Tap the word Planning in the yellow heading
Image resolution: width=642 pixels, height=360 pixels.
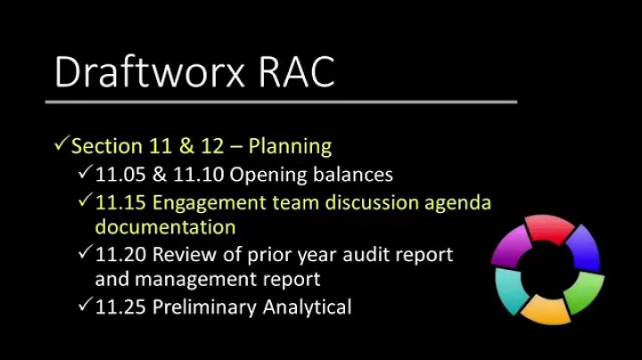[x=290, y=145]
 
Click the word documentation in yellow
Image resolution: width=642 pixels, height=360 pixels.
[x=165, y=227]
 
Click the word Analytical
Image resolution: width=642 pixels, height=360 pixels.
[x=304, y=307]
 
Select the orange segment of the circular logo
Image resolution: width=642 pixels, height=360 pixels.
[x=545, y=308]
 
